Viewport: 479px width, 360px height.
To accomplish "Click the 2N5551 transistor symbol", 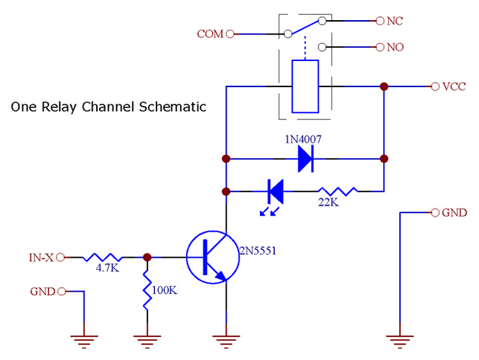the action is click(213, 257).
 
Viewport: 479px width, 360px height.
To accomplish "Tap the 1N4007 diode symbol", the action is click(305, 159).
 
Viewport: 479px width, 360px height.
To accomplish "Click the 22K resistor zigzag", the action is click(337, 192).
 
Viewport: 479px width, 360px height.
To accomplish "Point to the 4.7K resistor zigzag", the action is click(103, 257).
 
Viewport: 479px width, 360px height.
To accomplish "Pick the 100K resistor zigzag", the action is click(147, 290).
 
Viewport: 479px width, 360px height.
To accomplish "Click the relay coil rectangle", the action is click(305, 86).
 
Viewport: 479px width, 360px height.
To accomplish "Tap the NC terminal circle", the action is click(380, 21).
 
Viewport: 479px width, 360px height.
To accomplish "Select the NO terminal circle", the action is click(380, 47).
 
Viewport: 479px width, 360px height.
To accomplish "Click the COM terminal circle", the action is click(230, 34).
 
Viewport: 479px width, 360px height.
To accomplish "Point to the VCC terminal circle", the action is click(435, 86).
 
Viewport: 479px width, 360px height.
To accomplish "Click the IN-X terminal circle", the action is click(60, 257).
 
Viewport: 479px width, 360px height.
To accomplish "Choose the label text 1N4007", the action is click(303, 139).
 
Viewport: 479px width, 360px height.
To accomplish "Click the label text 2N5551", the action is click(258, 251).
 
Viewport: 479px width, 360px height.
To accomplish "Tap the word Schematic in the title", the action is click(173, 107).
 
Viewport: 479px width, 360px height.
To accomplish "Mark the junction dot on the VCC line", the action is click(384, 86).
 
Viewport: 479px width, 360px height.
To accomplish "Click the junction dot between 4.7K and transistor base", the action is click(147, 257).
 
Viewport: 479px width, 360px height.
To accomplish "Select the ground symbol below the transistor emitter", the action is click(226, 342).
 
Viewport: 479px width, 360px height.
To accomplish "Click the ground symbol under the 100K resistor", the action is click(147, 342).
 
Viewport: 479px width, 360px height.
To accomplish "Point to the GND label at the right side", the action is click(454, 212).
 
